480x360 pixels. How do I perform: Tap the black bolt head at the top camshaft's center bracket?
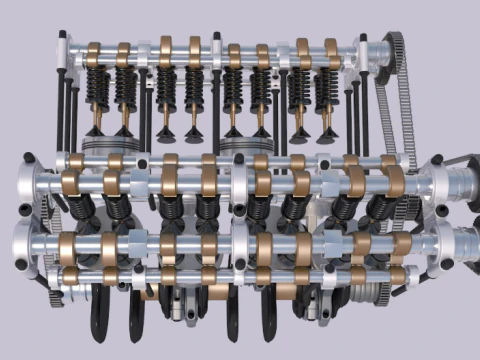pos(216,40)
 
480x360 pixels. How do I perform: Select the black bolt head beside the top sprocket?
pos(364,42)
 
